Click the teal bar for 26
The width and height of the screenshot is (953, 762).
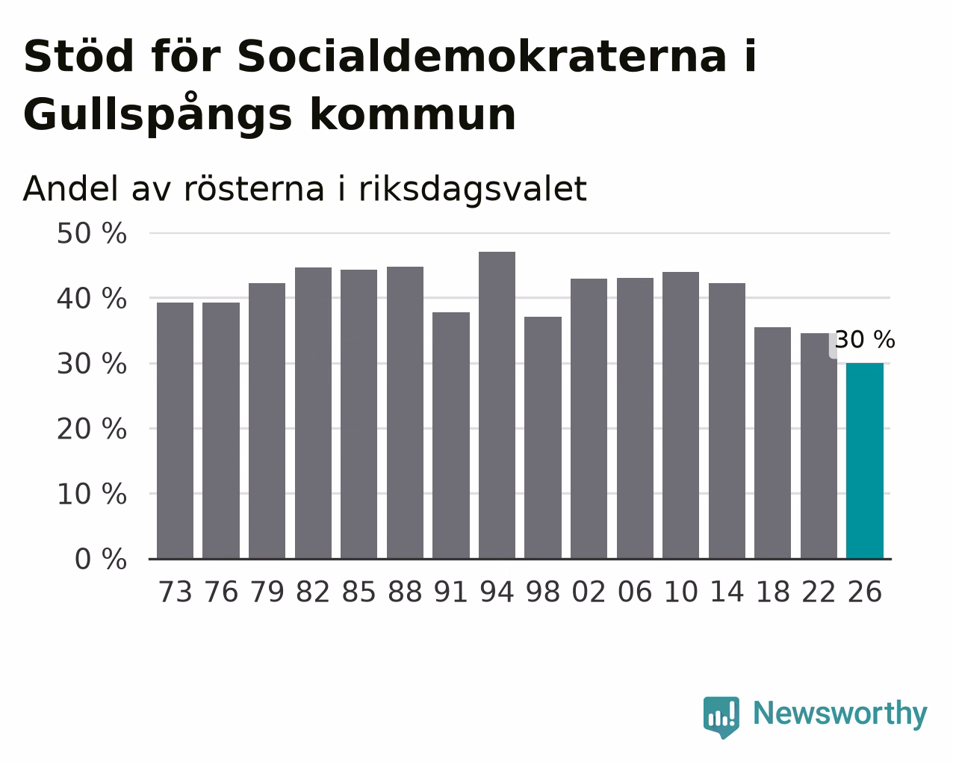click(x=864, y=461)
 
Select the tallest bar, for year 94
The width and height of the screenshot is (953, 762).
click(x=497, y=405)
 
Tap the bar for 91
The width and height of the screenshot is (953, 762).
click(x=451, y=436)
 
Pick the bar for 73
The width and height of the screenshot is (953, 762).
click(x=175, y=430)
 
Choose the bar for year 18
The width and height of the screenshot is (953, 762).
click(x=772, y=443)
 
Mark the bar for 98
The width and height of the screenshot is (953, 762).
click(x=543, y=438)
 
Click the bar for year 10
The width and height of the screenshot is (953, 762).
click(x=680, y=415)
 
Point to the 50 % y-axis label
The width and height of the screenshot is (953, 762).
click(x=92, y=234)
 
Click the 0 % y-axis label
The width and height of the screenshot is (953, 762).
click(x=101, y=559)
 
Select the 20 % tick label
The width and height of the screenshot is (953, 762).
click(x=92, y=429)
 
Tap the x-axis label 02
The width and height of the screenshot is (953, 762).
click(x=589, y=592)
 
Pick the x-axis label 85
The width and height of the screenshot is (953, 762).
click(x=358, y=592)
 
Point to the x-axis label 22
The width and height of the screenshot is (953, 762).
click(x=819, y=592)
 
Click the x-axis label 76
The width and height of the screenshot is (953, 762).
click(x=221, y=592)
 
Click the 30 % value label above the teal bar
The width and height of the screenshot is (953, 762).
click(x=865, y=340)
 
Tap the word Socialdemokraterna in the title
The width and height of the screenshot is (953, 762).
click(x=482, y=57)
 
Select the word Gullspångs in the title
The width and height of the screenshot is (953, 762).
click(x=158, y=114)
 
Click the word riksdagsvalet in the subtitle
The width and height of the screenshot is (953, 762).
click(x=473, y=190)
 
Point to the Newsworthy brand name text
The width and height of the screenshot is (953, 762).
click(x=840, y=714)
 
